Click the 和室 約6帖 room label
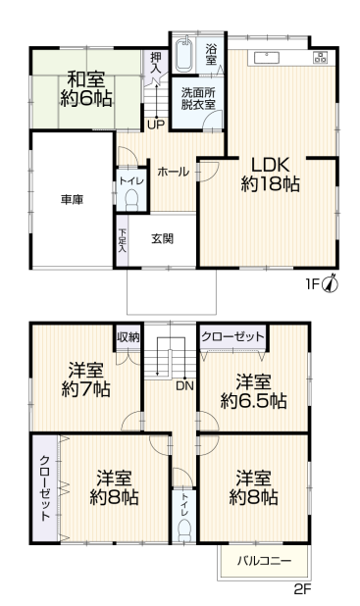click(87, 87)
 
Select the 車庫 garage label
click(71, 199)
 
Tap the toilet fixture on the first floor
click(130, 197)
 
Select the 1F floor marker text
click(311, 285)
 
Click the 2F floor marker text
click(301, 590)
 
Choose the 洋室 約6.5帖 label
click(253, 391)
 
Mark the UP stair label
click(155, 125)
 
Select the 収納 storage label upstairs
click(128, 337)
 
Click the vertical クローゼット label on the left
click(45, 487)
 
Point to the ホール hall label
click(174, 171)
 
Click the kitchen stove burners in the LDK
click(320, 57)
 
